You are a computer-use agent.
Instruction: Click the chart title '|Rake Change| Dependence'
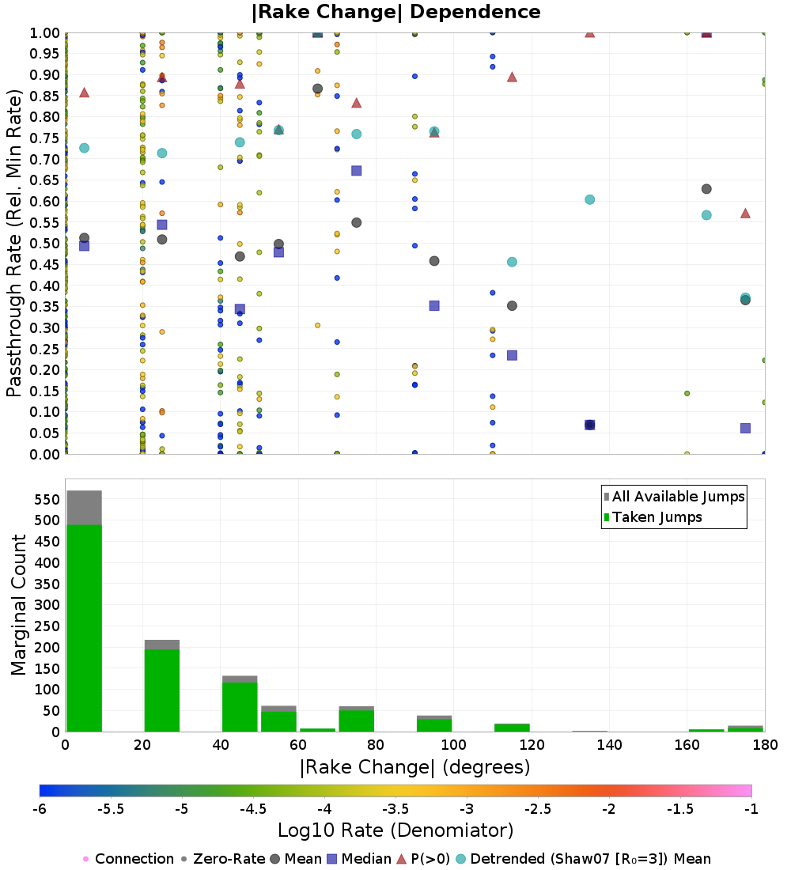[x=395, y=12]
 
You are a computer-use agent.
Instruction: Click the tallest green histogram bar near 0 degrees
[x=85, y=628]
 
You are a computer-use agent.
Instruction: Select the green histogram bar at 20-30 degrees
[x=162, y=690]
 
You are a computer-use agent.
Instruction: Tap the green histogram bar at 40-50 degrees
[x=240, y=707]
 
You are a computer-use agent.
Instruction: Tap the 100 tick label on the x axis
[x=453, y=744]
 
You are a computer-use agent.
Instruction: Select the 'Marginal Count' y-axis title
[x=18, y=605]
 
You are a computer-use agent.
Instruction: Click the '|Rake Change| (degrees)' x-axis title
[x=415, y=767]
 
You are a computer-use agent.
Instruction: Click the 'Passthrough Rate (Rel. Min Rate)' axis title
[x=14, y=243]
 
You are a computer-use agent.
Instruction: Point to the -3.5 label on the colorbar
[x=395, y=809]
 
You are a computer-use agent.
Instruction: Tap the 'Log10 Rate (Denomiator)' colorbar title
[x=395, y=830]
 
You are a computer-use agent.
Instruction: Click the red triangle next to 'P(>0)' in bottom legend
[x=402, y=859]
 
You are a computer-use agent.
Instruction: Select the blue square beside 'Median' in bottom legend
[x=332, y=859]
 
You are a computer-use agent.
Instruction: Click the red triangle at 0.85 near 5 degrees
[x=85, y=92]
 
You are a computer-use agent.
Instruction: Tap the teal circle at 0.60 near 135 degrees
[x=589, y=200]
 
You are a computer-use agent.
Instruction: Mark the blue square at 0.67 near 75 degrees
[x=357, y=171]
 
